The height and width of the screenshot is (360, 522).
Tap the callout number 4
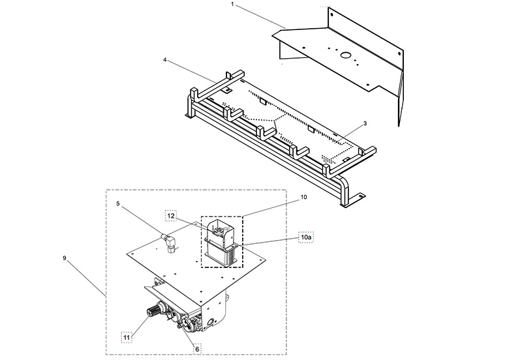tap(165, 60)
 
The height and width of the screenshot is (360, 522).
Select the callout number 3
tap(365, 123)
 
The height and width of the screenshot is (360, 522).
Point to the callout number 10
tap(303, 196)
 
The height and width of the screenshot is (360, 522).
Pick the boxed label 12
tap(171, 215)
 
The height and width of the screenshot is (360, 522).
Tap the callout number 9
tap(65, 258)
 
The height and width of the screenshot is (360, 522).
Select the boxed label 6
tap(197, 349)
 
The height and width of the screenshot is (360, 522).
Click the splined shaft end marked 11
tap(155, 312)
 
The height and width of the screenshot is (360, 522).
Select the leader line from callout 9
tap(85, 277)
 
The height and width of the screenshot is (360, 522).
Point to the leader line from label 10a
tap(271, 241)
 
